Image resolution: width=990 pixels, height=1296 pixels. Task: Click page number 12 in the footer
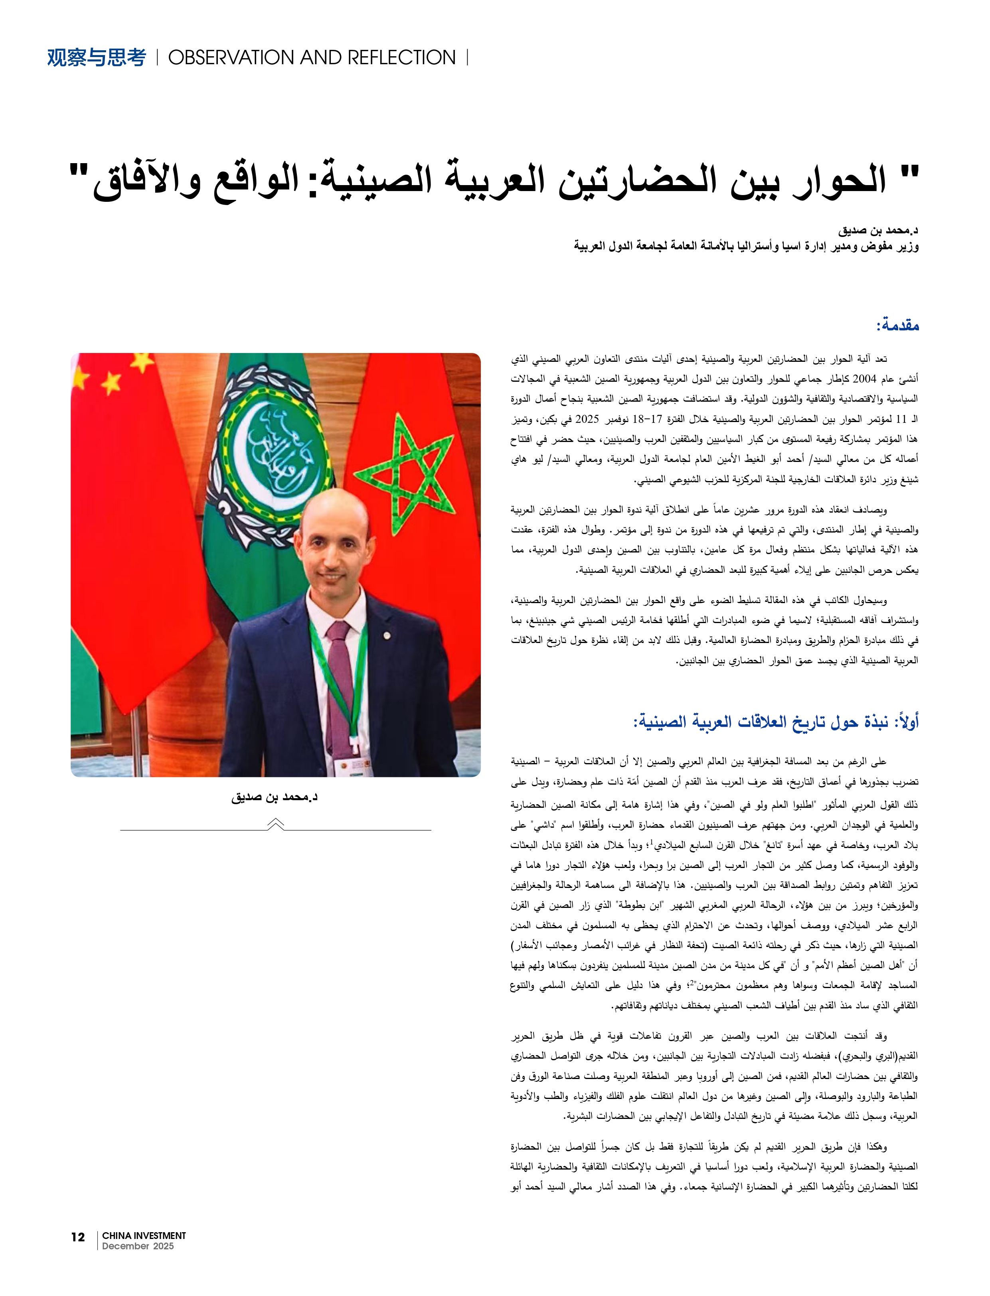pyautogui.click(x=78, y=1237)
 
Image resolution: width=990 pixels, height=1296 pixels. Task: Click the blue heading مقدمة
pyautogui.click(x=897, y=325)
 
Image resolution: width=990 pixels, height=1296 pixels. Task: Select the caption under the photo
pyautogui.click(x=274, y=797)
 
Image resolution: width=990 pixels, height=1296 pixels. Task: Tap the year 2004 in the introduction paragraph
pyautogui.click(x=864, y=379)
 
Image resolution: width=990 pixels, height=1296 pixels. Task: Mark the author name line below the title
pyautogui.click(x=877, y=230)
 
